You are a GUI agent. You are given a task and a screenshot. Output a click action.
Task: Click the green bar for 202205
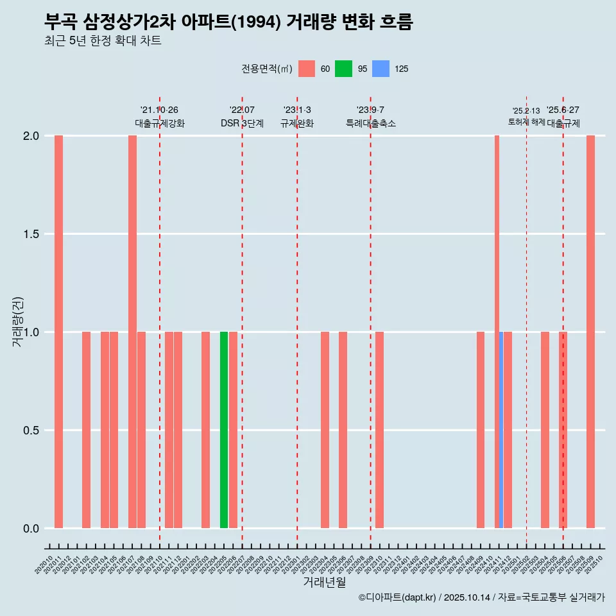[x=224, y=430]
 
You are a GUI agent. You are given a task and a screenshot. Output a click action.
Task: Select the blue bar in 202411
[x=501, y=430]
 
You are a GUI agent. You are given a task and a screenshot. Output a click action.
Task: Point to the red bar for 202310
[x=379, y=430]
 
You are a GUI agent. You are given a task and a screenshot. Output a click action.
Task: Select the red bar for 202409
[x=481, y=430]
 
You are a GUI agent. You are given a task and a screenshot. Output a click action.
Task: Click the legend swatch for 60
[x=307, y=69]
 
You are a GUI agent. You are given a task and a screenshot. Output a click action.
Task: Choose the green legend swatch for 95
[x=343, y=69]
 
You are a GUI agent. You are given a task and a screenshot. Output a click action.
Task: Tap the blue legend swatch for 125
[x=381, y=69]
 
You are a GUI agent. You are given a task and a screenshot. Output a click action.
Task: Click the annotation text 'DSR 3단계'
[x=242, y=124]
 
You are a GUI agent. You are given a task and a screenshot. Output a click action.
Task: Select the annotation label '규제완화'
[x=297, y=124]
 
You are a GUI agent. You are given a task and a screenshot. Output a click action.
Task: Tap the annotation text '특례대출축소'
[x=370, y=124]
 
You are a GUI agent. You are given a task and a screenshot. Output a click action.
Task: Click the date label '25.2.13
[x=526, y=111]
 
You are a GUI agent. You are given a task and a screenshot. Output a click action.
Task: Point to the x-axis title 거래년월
[x=324, y=582]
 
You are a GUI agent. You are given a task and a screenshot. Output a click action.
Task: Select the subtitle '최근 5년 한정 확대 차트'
[x=103, y=41]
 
